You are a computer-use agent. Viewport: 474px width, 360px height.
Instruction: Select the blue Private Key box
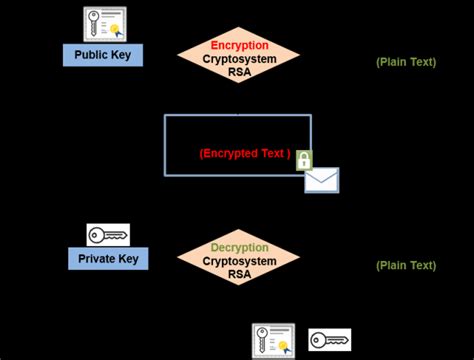(108, 259)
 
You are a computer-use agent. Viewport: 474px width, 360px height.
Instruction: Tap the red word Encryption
(239, 45)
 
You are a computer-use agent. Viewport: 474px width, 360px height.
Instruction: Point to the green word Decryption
(239, 247)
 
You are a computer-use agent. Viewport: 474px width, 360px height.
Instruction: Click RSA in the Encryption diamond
(239, 72)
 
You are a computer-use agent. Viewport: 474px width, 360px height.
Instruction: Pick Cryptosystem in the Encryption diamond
(239, 58)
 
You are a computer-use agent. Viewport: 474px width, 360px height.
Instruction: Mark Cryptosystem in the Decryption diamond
(239, 261)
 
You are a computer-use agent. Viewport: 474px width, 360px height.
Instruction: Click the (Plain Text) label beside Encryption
(406, 62)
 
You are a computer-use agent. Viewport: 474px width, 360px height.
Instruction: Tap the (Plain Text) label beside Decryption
(406, 265)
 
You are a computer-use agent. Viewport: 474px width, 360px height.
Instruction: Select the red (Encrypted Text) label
(245, 154)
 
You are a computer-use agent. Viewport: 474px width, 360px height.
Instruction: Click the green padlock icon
(304, 160)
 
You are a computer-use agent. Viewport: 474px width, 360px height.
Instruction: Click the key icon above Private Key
(108, 234)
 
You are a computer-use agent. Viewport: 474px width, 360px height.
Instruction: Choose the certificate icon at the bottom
(273, 340)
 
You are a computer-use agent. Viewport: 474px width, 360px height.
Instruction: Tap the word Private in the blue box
(96, 259)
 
